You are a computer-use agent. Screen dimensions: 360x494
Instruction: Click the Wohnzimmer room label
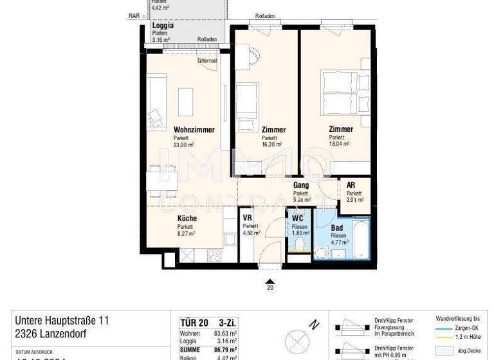[194, 130]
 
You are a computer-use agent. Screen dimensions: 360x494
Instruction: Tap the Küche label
[187, 219]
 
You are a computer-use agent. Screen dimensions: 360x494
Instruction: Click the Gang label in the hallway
[301, 185]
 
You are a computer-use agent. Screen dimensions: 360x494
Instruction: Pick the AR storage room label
[351, 185]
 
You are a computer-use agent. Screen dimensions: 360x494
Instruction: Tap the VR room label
[247, 218]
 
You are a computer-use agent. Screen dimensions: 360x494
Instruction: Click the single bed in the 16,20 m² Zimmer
[246, 102]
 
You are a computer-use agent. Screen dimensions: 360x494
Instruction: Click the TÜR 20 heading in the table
[191, 321]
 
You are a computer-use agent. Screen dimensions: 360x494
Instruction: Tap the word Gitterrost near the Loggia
[207, 60]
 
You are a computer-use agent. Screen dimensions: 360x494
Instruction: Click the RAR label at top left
[133, 15]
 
